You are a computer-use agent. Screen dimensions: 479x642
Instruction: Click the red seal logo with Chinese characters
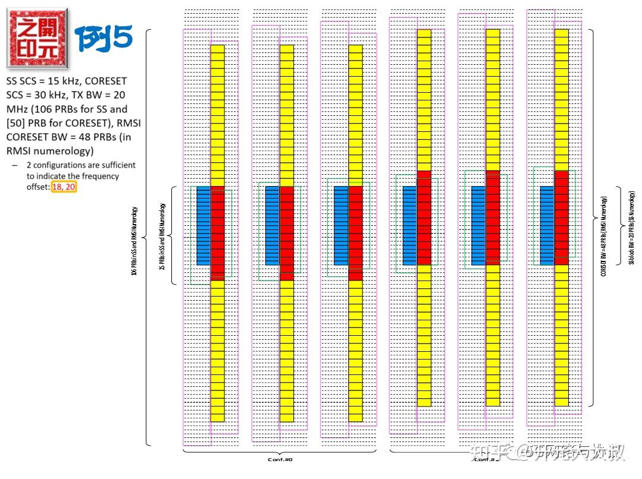click(37, 37)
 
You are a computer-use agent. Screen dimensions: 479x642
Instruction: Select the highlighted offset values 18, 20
click(64, 187)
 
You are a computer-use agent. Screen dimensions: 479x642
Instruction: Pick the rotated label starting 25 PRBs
click(162, 237)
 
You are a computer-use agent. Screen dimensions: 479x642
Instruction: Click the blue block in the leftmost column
click(203, 225)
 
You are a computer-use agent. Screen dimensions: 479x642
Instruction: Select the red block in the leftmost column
click(218, 232)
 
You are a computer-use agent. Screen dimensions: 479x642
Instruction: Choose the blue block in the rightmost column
click(547, 225)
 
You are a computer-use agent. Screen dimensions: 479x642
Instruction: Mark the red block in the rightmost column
click(562, 217)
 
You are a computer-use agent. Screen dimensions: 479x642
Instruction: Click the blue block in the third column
click(342, 225)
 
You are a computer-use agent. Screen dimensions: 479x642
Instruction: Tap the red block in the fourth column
click(424, 217)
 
